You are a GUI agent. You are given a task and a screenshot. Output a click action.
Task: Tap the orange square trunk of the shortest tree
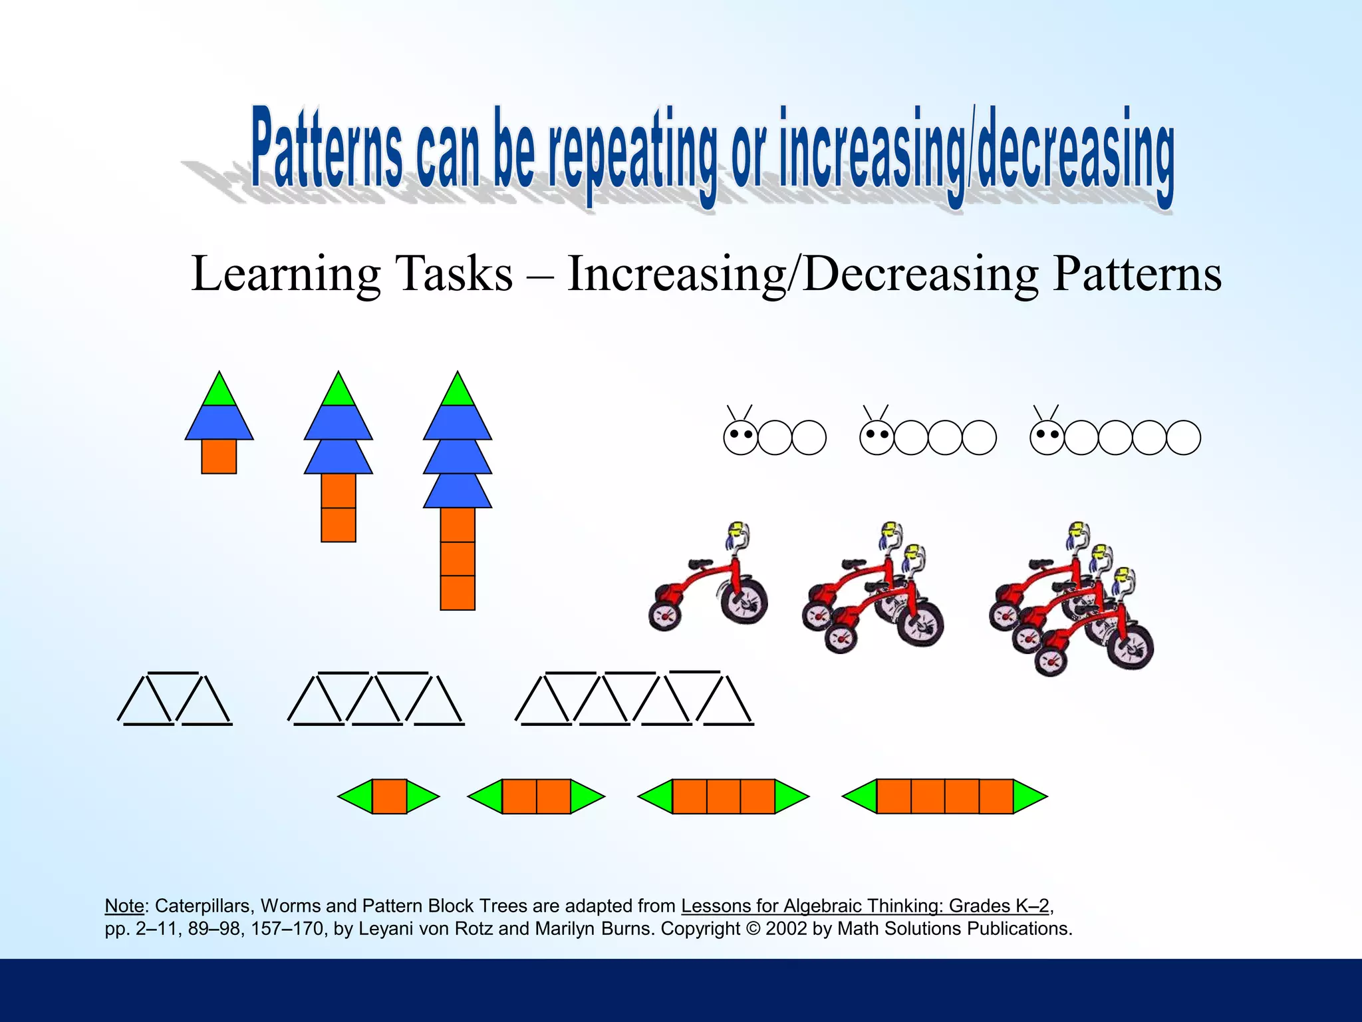tap(219, 456)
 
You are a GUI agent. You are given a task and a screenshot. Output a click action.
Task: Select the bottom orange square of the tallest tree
tap(458, 593)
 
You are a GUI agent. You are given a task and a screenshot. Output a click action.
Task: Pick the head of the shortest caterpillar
tap(740, 437)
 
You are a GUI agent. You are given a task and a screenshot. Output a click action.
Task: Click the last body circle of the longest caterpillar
tap(1183, 437)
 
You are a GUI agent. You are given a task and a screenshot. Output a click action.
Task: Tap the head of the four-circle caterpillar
tap(877, 437)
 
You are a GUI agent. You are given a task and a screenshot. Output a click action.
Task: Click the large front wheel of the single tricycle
tap(745, 601)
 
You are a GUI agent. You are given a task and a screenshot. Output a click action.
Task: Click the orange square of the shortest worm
tap(389, 796)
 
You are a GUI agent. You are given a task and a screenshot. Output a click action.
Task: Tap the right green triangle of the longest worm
tap(1027, 796)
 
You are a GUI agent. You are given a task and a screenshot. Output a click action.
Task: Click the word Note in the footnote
tap(124, 906)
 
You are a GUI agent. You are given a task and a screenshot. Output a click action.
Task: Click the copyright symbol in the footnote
tap(753, 928)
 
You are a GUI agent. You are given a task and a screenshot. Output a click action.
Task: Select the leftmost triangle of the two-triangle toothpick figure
tap(145, 702)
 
